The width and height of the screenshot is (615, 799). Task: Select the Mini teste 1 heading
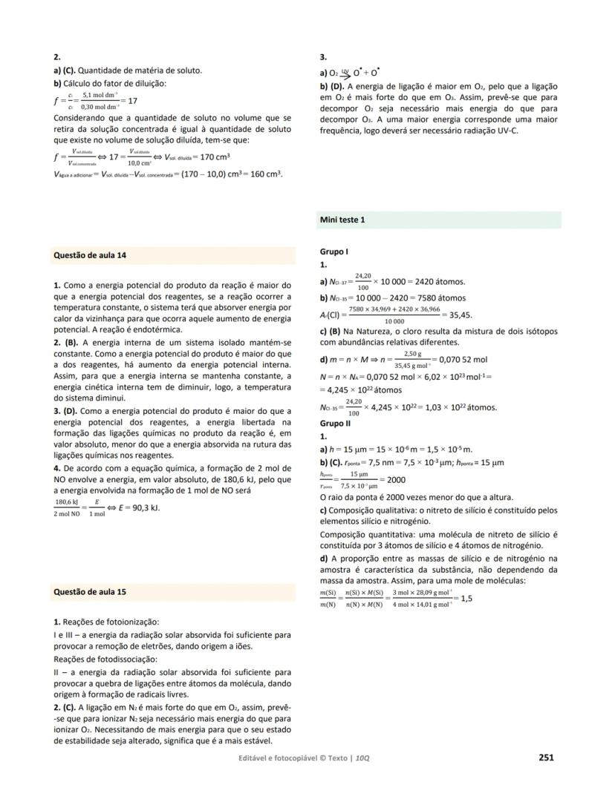342,220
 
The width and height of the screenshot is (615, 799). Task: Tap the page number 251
546,757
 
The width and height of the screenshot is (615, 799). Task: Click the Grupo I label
334,252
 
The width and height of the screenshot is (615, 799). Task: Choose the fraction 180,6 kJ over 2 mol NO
69,508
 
